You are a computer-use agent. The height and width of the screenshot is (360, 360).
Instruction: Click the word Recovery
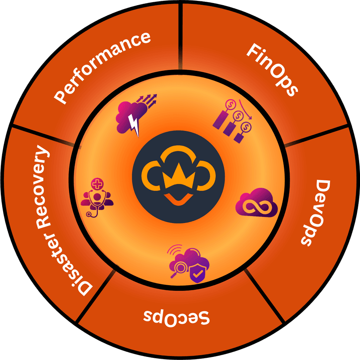(x=43, y=187)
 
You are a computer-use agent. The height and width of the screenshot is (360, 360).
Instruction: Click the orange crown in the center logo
(x=178, y=176)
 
